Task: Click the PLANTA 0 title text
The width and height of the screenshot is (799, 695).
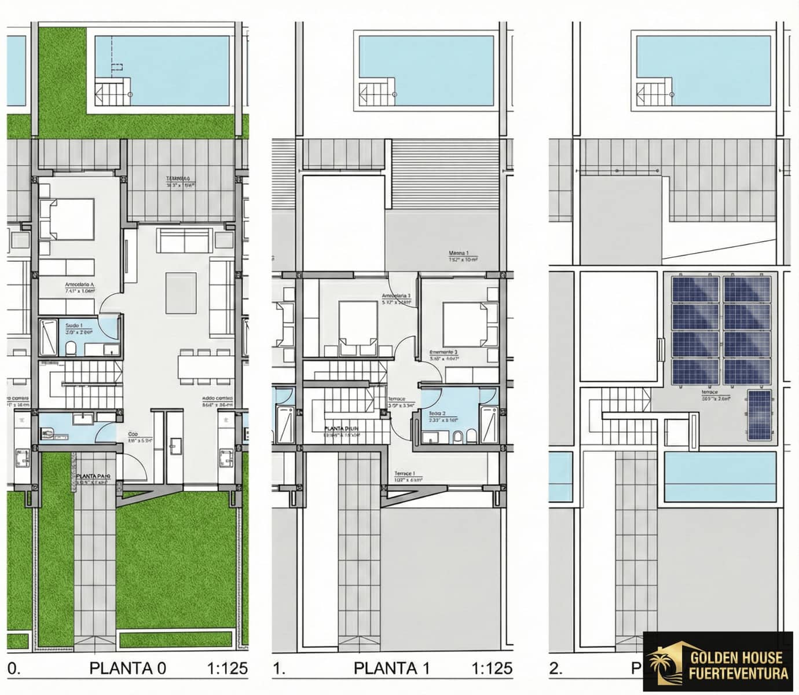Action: [x=127, y=668]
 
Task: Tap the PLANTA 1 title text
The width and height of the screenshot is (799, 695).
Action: [x=391, y=668]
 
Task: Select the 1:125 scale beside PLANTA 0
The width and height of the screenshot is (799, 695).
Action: [x=227, y=668]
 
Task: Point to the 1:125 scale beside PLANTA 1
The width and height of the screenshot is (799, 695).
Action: [x=492, y=668]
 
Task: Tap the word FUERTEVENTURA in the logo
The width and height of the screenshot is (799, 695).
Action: [x=738, y=673]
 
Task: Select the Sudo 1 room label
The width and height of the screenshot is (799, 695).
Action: [x=74, y=325]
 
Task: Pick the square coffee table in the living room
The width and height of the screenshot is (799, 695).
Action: [x=182, y=292]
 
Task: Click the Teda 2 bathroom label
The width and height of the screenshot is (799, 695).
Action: [x=437, y=414]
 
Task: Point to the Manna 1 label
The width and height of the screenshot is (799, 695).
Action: [x=459, y=253]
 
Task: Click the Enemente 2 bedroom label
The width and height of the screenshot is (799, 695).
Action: [x=444, y=352]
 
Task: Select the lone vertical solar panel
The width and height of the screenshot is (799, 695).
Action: [x=759, y=415]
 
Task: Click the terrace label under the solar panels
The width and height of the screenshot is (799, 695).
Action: [x=709, y=392]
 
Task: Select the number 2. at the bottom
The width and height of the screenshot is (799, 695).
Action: [x=556, y=668]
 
